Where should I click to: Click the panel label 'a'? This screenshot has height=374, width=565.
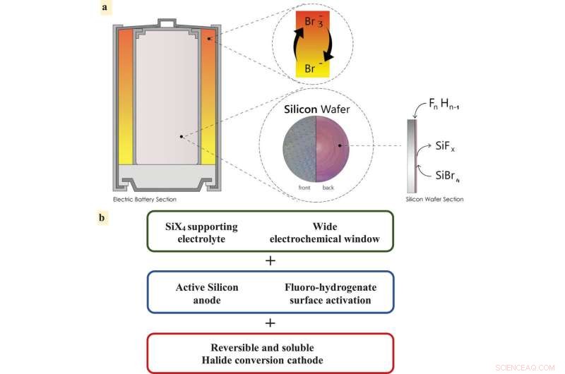105,8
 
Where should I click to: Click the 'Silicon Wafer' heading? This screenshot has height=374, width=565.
316,110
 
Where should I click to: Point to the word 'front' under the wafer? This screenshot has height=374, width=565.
303,188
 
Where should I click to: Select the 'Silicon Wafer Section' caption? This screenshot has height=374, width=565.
434,200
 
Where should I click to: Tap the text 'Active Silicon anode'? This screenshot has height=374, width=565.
207,293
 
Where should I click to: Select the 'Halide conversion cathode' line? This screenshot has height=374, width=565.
269,359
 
